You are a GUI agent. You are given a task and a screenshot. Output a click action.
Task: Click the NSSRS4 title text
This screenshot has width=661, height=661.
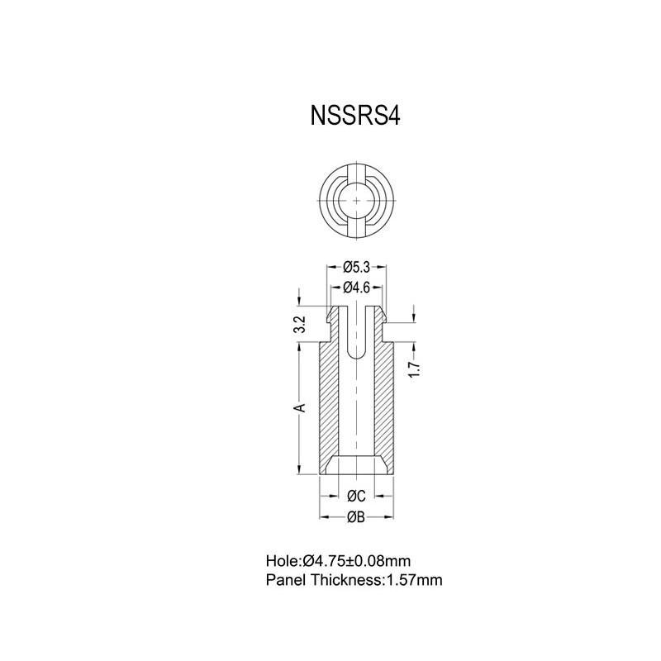(355, 115)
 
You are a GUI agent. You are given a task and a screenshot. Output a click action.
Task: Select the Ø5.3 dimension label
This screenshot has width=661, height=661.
(355, 267)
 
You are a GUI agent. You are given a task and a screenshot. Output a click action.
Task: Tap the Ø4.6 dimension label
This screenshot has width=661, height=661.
(355, 288)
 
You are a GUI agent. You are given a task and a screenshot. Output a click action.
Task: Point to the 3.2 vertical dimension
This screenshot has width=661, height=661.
(300, 324)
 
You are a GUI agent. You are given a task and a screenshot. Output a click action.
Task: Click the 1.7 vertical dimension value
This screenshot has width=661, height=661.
(415, 369)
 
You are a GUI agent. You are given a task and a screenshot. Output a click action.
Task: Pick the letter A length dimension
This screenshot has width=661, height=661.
(302, 407)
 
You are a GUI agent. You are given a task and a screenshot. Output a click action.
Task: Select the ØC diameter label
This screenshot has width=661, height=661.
(356, 496)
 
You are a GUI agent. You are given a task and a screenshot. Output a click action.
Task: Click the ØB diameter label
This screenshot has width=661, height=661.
(356, 517)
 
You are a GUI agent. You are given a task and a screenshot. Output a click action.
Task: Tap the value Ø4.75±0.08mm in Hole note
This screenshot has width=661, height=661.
(357, 560)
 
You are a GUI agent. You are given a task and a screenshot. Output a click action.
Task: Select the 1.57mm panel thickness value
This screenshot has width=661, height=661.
(414, 580)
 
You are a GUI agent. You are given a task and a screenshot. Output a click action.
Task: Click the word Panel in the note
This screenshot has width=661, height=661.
(286, 580)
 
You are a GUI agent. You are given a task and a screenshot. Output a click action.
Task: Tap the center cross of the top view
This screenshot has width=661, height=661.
(356, 201)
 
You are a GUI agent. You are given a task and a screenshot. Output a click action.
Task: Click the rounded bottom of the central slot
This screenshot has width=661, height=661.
(356, 353)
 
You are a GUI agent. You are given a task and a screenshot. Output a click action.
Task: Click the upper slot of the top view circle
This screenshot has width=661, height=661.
(356, 174)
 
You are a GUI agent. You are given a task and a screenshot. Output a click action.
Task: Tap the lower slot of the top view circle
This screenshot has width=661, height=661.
(356, 228)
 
